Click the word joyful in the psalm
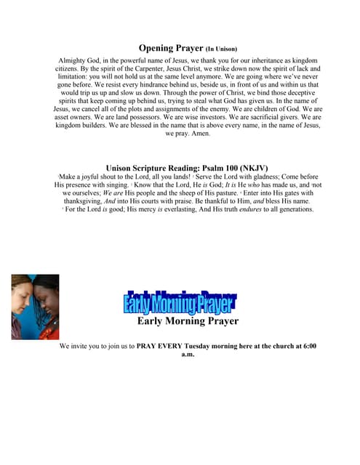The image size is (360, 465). tap(96, 177)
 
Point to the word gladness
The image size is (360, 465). tap(259, 177)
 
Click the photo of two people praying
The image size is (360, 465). tap(35, 307)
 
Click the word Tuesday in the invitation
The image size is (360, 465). tap(200, 347)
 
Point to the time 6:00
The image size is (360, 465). tap(308, 347)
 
